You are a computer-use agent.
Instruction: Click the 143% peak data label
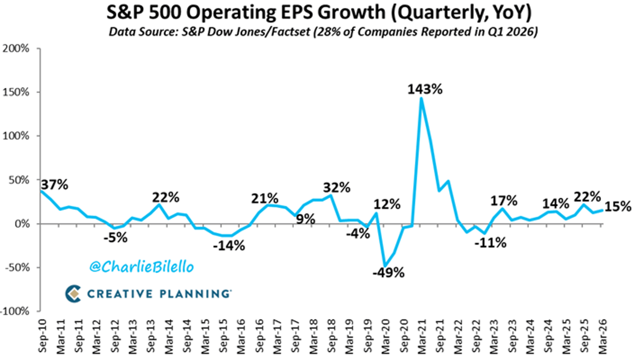[425, 89]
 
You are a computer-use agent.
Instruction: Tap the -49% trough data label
[389, 273]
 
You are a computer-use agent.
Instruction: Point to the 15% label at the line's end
[618, 207]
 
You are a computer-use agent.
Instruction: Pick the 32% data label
[337, 187]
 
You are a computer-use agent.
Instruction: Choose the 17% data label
[504, 200]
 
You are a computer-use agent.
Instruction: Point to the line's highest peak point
[421, 98]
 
